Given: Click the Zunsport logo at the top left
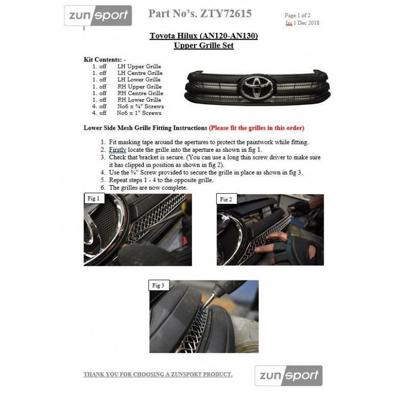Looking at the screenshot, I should (98, 16).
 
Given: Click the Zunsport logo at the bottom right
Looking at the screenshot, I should (288, 376).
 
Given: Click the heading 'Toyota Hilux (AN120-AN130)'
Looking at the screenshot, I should (203, 36).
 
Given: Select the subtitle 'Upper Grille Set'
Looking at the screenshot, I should (203, 46).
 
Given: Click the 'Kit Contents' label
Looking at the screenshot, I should (105, 59).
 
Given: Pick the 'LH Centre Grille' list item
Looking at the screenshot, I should (140, 73).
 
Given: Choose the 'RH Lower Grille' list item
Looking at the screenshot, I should (140, 100).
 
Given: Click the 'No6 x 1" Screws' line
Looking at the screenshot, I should (139, 113).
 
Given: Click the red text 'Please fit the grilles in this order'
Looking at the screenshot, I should (256, 128).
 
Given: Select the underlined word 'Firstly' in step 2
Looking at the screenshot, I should (117, 149).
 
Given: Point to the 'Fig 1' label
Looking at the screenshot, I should (93, 199).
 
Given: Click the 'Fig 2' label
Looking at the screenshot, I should (226, 199).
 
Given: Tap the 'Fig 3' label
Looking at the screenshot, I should (158, 285).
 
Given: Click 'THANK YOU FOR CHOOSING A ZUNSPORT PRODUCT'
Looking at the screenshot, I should (158, 374).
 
